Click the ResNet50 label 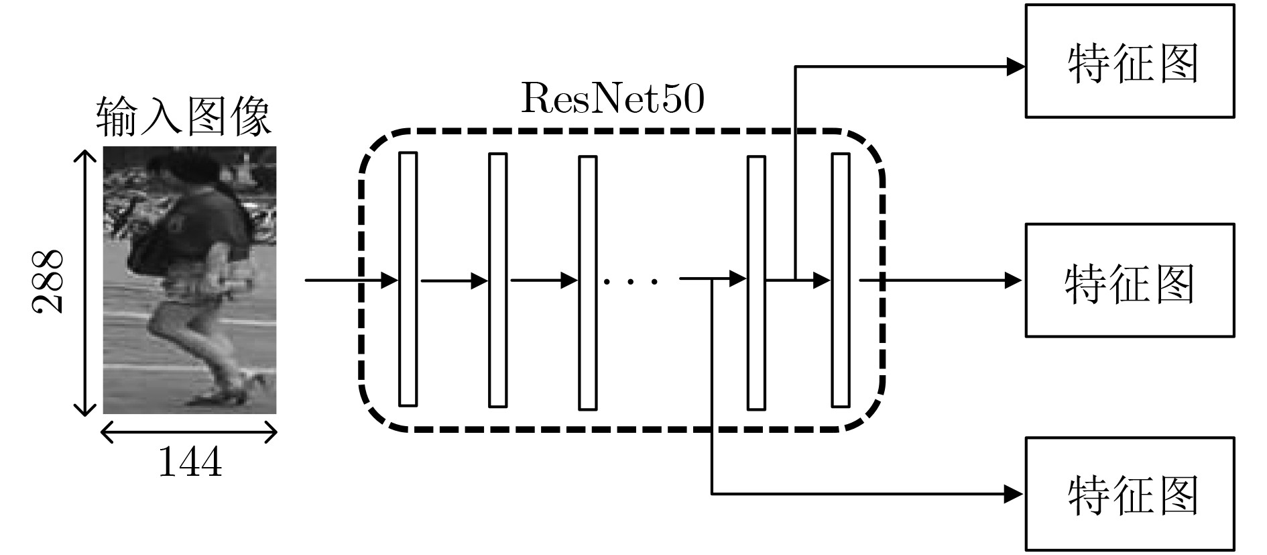click(612, 99)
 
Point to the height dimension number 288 click(48, 281)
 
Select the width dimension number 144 click(190, 462)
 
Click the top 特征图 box click(1130, 61)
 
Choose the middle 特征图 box click(1130, 281)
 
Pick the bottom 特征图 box click(1130, 494)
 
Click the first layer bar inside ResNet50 click(408, 279)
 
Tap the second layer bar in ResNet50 click(497, 280)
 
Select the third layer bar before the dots click(587, 283)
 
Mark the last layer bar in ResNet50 click(841, 280)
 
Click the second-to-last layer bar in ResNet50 click(756, 283)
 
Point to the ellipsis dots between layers click(631, 281)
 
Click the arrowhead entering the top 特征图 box click(1016, 66)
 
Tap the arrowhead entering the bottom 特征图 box click(1015, 495)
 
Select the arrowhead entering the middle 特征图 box click(1015, 280)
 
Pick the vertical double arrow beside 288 click(84, 283)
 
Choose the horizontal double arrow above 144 click(188, 432)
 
